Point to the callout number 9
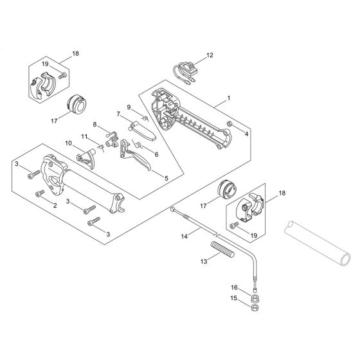click(129, 107)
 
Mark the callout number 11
click(85, 136)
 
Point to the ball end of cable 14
click(173, 208)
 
